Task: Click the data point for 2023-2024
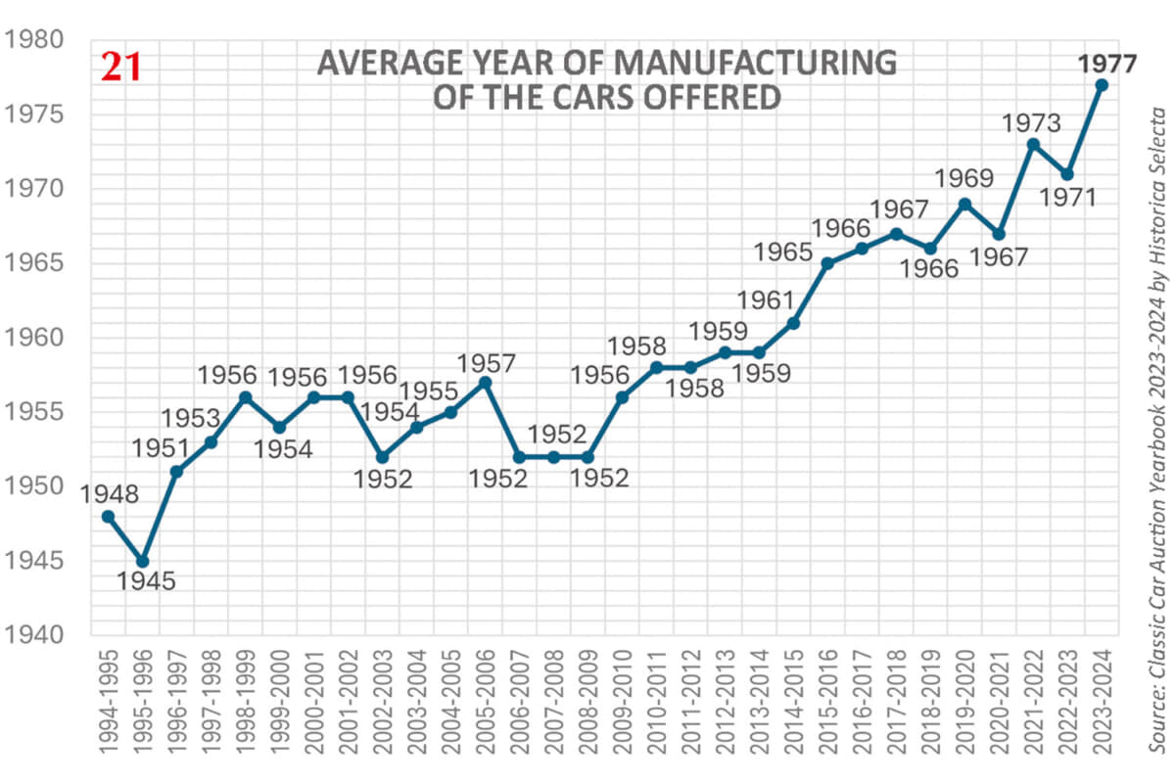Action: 1102,85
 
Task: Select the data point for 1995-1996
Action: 142,561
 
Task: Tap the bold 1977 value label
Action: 1107,64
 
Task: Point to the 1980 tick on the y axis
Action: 34,40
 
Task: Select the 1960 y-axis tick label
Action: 34,338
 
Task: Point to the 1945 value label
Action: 146,581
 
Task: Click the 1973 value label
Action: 1030,123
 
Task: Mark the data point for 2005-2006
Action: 485,382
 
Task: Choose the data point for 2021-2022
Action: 1033,144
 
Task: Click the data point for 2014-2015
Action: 793,323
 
